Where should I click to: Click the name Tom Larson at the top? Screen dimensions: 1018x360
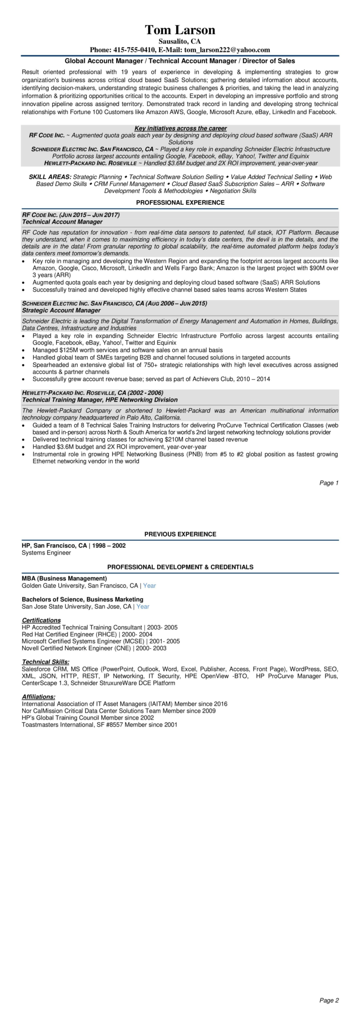pyautogui.click(x=180, y=30)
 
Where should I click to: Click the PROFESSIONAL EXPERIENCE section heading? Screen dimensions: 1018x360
pyautogui.click(x=180, y=202)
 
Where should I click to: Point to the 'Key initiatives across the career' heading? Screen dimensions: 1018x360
pyautogui.click(x=180, y=128)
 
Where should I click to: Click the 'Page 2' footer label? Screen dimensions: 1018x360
pyautogui.click(x=329, y=1000)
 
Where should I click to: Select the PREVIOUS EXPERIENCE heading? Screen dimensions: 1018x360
pyautogui.click(x=180, y=534)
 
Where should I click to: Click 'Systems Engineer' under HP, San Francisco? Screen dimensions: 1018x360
pyautogui.click(x=46, y=553)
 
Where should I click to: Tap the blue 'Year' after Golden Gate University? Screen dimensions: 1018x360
pyautogui.click(x=150, y=585)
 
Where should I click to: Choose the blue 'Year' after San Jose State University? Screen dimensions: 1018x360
pyautogui.click(x=142, y=606)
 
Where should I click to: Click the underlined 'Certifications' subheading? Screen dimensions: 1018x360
pyautogui.click(x=41, y=620)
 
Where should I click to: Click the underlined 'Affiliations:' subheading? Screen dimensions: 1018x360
pyautogui.click(x=38, y=697)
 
